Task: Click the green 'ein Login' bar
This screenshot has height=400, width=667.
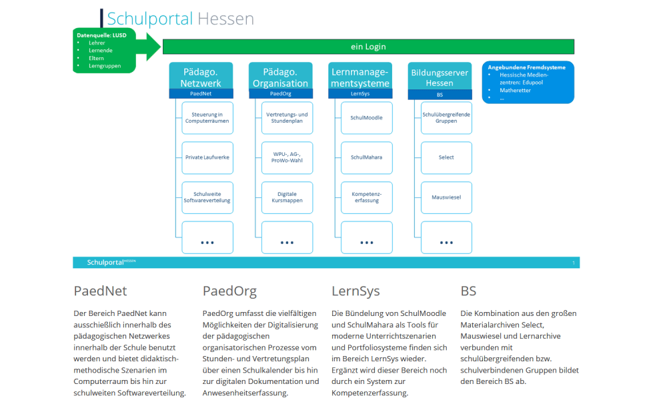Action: pyautogui.click(x=368, y=47)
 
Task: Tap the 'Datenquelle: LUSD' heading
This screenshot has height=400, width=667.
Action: pyautogui.click(x=101, y=35)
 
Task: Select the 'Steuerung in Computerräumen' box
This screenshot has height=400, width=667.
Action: pyautogui.click(x=207, y=118)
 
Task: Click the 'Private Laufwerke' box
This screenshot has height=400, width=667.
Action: pyautogui.click(x=207, y=158)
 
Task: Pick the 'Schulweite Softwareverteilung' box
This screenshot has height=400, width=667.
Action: pyautogui.click(x=207, y=197)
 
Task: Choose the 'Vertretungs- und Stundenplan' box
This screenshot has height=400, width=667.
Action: pyautogui.click(x=287, y=118)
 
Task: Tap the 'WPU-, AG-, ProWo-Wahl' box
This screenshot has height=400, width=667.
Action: pyautogui.click(x=287, y=158)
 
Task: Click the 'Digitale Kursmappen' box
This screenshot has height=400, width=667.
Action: pyautogui.click(x=287, y=197)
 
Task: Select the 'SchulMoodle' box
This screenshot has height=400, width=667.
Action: pyautogui.click(x=367, y=118)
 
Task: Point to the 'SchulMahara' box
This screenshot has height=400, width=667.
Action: pyautogui.click(x=367, y=158)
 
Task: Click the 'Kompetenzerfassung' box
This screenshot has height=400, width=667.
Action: pyautogui.click(x=367, y=197)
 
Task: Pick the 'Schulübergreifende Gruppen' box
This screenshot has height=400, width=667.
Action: pyautogui.click(x=446, y=118)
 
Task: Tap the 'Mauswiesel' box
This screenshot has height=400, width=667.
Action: pyautogui.click(x=446, y=197)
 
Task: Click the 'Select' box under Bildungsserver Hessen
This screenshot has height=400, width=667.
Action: pyautogui.click(x=446, y=158)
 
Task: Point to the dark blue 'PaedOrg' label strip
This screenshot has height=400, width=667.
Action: pyautogui.click(x=281, y=93)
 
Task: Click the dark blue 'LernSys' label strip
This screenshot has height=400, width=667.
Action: pyautogui.click(x=360, y=93)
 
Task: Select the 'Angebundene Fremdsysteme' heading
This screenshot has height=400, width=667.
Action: pyautogui.click(x=527, y=67)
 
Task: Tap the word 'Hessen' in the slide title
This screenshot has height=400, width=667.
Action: pyautogui.click(x=225, y=19)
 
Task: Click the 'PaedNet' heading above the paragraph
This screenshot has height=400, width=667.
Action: pyautogui.click(x=101, y=291)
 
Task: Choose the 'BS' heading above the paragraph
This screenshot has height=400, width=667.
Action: pyautogui.click(x=468, y=291)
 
